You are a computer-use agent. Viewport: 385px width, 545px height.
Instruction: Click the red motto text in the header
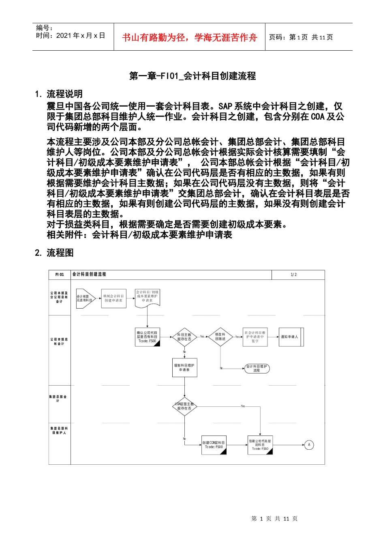pos(189,37)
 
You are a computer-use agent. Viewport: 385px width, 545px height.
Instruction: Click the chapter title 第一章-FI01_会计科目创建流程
pos(192,76)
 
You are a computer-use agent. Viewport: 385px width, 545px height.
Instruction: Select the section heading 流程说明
pos(64,94)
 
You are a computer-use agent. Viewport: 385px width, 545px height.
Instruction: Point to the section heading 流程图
pos(60,253)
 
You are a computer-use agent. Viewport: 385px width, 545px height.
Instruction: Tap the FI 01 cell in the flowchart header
pos(60,275)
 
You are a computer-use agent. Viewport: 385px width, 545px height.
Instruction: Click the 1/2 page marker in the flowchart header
pos(293,275)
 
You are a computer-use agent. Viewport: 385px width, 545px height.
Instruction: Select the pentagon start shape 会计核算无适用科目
pos(85,298)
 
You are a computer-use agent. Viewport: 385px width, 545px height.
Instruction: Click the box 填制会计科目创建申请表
pos(113,298)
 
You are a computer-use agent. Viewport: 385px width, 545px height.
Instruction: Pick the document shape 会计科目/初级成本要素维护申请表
pos(147,297)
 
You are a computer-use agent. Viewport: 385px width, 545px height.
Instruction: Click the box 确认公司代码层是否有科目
pos(147,337)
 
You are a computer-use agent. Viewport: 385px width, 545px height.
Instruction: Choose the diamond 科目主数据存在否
pos(184,337)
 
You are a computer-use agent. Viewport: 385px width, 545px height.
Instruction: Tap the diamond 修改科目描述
pos(220,337)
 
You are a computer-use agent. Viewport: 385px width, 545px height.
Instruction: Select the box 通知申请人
pos(290,337)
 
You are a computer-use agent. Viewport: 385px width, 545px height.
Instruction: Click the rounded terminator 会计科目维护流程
pos(257,368)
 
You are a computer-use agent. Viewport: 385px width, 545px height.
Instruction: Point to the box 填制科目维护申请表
pos(184,368)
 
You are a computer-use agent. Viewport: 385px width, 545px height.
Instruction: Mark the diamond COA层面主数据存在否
pos(184,406)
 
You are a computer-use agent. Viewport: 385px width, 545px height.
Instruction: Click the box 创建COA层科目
pos(214,445)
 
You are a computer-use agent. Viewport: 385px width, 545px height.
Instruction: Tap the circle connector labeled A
pos(309,445)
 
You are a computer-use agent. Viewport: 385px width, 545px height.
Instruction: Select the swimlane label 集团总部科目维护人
pos(59,430)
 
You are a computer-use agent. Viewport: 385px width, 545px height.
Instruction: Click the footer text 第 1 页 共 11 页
pos(274,519)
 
